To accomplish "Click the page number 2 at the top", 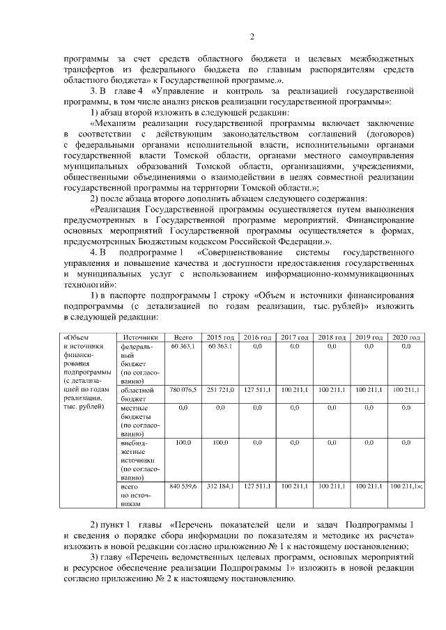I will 252,37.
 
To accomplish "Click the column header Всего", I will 183,337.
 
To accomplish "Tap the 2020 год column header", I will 406,337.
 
